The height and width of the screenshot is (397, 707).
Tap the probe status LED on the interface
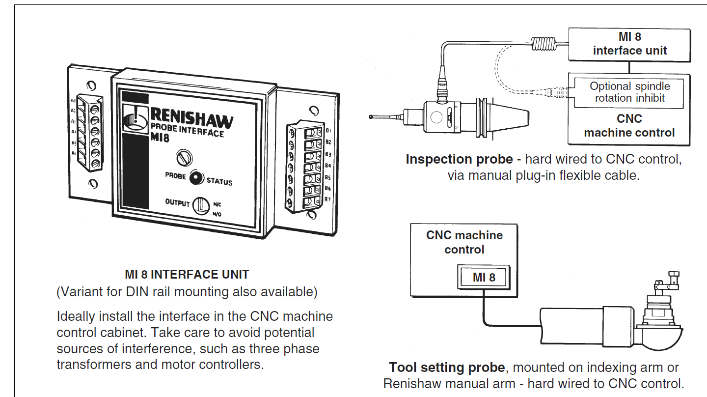(196, 178)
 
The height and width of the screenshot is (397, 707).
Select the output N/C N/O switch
(201, 205)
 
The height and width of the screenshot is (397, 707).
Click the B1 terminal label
(328, 131)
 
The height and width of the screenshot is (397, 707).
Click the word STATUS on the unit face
(219, 181)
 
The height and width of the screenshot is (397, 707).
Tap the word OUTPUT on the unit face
(177, 202)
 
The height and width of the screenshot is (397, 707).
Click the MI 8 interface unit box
(629, 44)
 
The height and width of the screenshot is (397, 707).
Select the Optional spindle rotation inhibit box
(629, 92)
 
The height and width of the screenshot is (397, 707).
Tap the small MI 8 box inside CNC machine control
(484, 277)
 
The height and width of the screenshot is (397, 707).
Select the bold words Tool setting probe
(447, 368)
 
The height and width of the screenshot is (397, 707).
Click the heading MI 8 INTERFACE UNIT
(187, 275)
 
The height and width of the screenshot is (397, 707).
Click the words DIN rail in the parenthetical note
(142, 292)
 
